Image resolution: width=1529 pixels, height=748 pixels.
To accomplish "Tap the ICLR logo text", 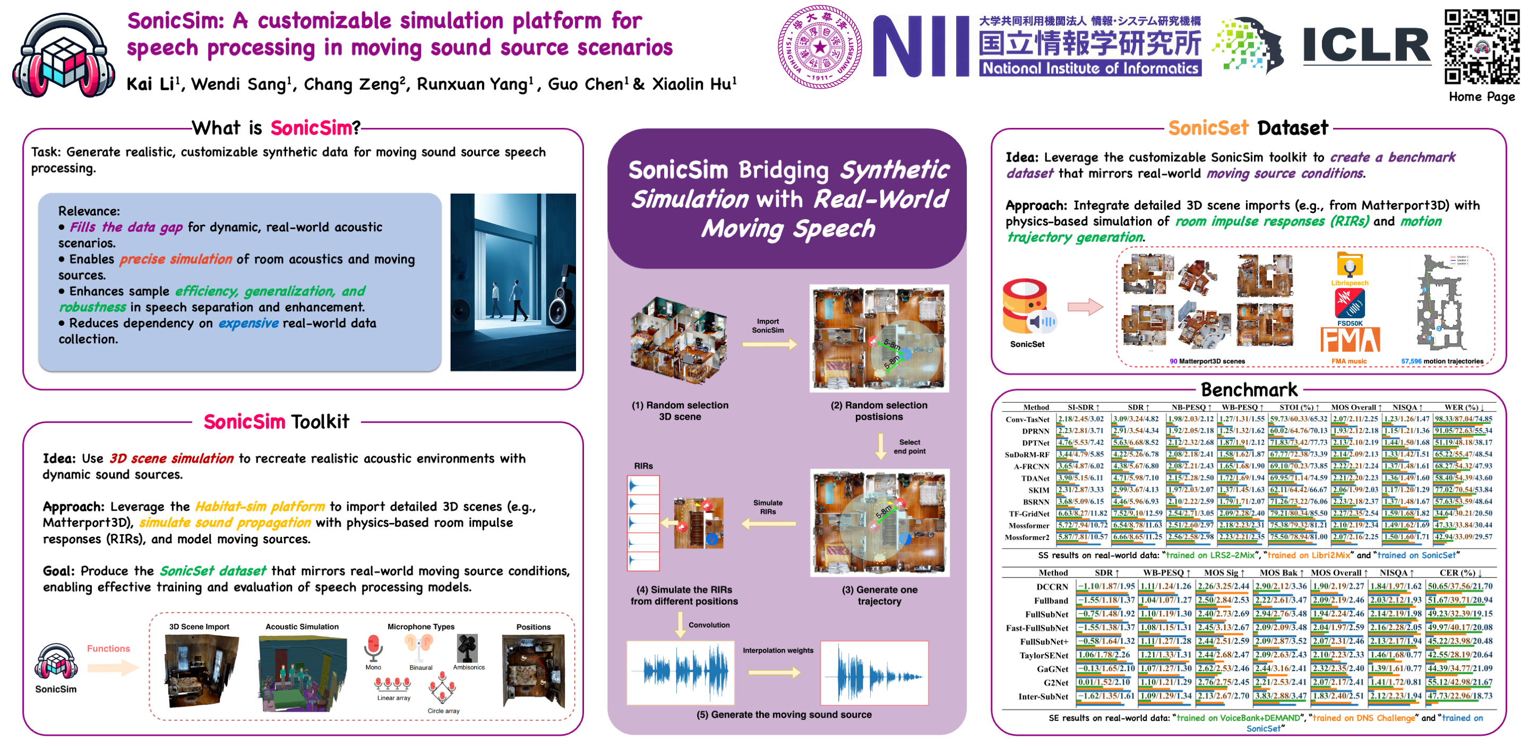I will point(1367,46).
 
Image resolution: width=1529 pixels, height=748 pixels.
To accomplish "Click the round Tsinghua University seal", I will point(820,47).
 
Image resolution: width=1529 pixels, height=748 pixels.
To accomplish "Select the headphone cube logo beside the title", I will point(63,56).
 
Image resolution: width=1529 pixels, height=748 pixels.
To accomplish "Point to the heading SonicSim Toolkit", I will point(276,422).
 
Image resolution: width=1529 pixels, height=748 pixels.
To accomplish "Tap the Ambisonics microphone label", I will point(468,667).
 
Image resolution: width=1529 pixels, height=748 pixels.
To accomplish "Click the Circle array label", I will point(443,711).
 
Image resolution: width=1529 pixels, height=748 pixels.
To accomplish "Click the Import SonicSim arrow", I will point(769,344).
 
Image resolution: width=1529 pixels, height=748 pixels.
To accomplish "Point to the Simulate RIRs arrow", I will point(768,523).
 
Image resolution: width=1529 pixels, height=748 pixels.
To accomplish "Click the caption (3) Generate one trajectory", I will point(879,595).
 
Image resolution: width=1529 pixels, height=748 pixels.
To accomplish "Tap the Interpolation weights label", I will point(778,650).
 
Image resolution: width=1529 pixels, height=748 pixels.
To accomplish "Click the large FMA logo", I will point(1350,341).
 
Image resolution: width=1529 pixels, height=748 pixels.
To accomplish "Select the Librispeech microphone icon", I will point(1349,265).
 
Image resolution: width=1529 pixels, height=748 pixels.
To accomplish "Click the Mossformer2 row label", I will point(1026,537).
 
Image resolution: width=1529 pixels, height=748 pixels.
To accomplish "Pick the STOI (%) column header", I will point(1299,407).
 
